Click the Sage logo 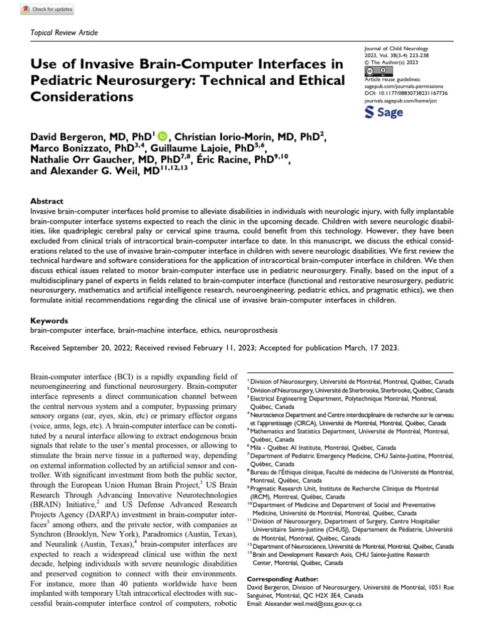383,111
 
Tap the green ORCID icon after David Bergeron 163,136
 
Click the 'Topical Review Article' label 64,33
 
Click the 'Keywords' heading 50,320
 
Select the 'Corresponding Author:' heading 283,578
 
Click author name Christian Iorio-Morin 226,136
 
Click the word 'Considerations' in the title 82,97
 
